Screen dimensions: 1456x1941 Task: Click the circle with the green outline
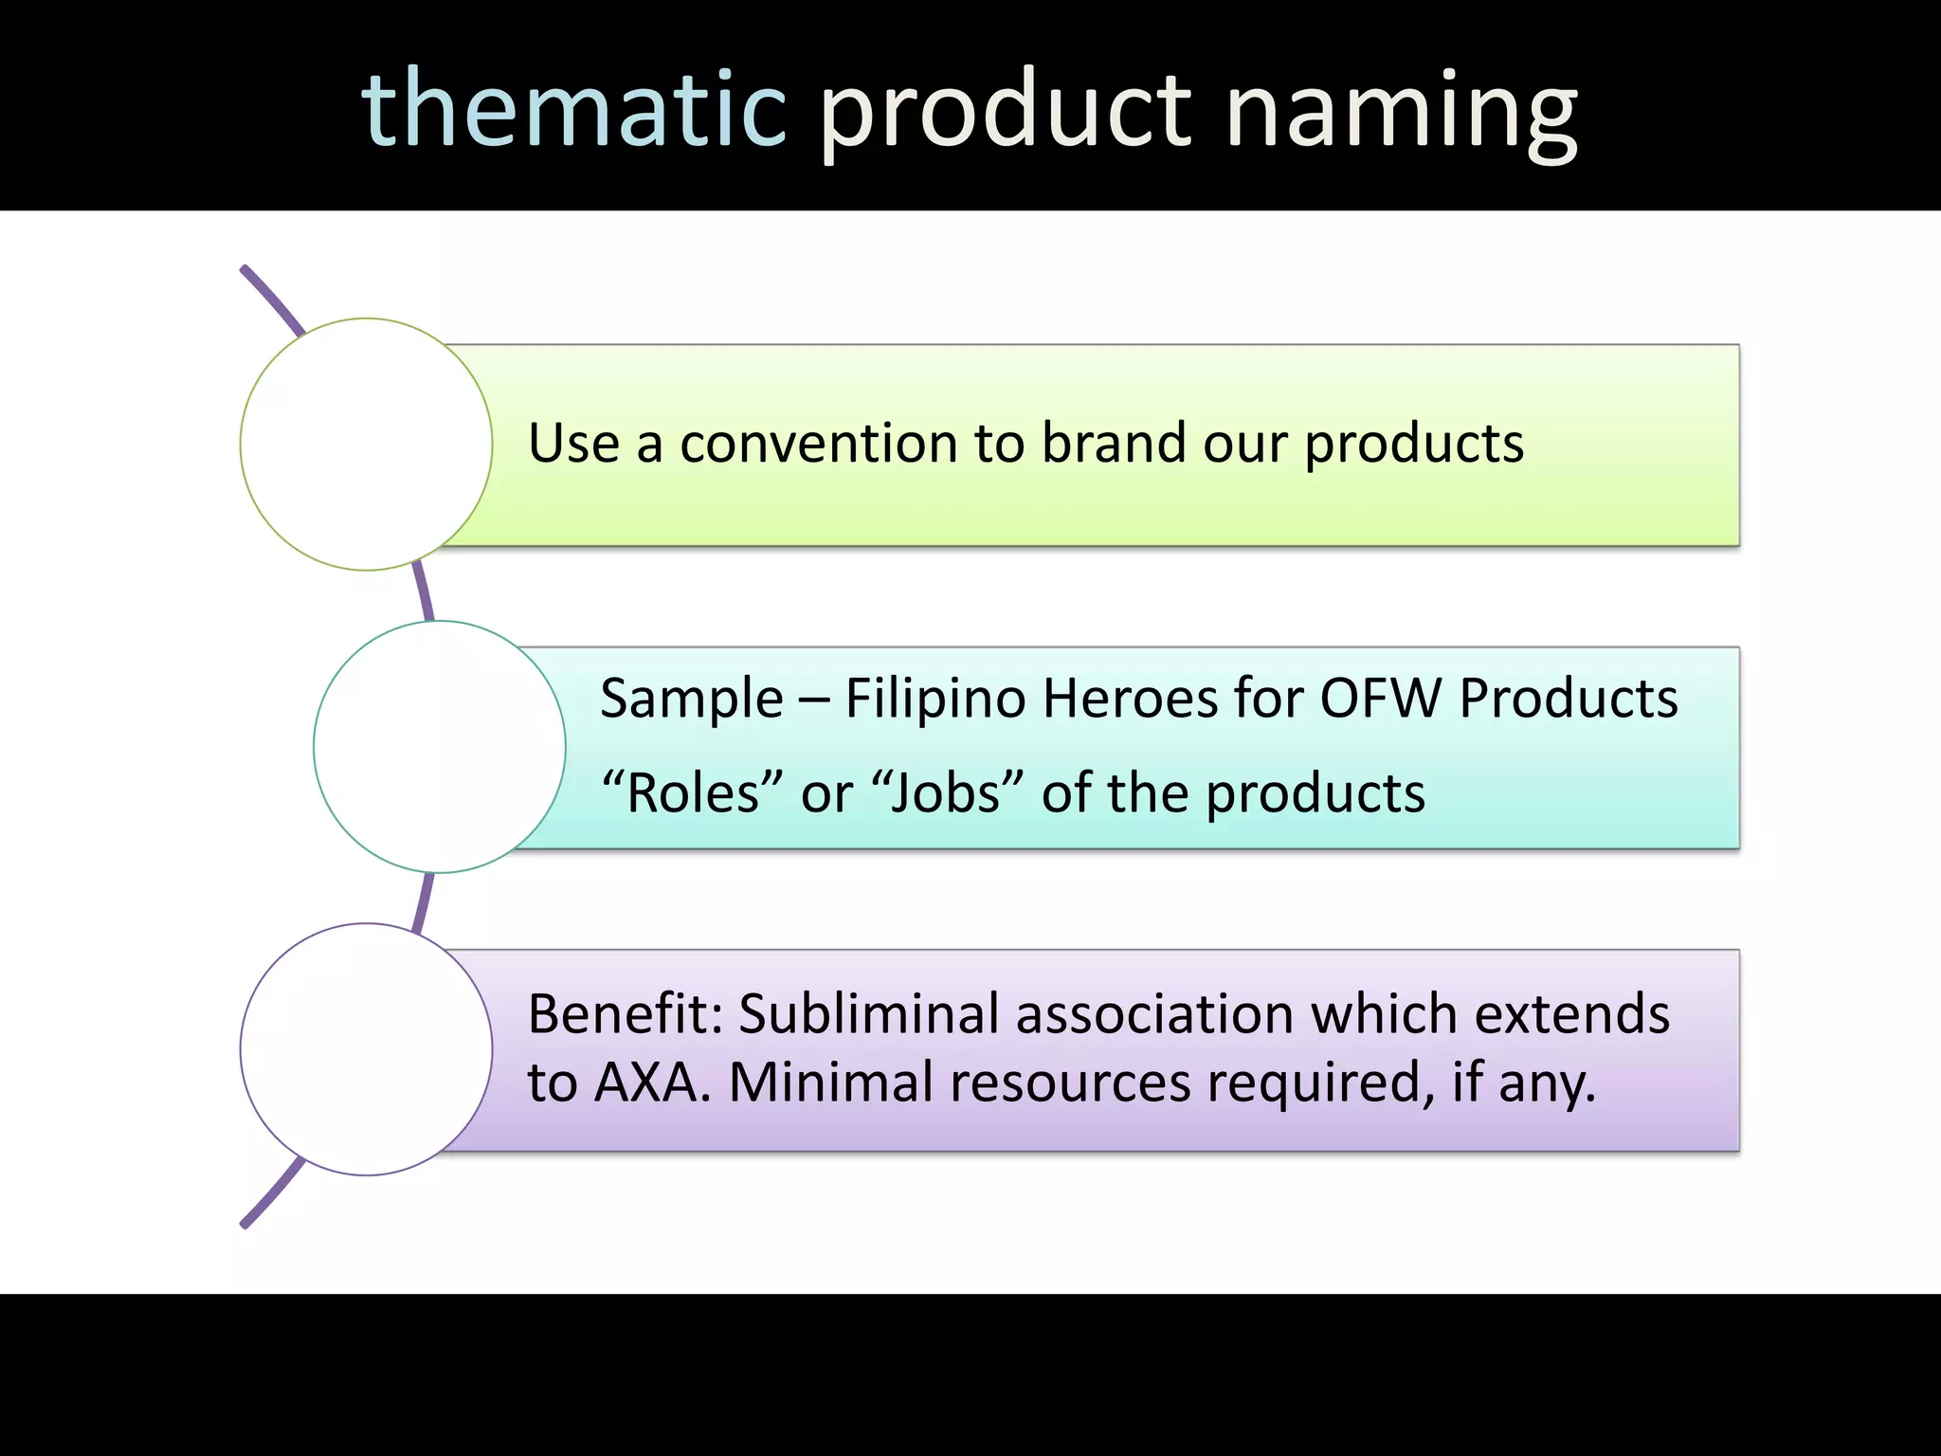366,444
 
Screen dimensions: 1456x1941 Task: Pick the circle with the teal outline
439,747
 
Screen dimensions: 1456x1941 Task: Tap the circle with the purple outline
366,1049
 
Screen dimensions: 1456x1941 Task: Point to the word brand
1114,443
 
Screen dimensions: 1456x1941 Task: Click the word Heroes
1130,700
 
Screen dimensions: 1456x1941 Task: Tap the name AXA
651,1083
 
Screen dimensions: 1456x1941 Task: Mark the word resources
1070,1083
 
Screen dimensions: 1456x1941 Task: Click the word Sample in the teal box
692,700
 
